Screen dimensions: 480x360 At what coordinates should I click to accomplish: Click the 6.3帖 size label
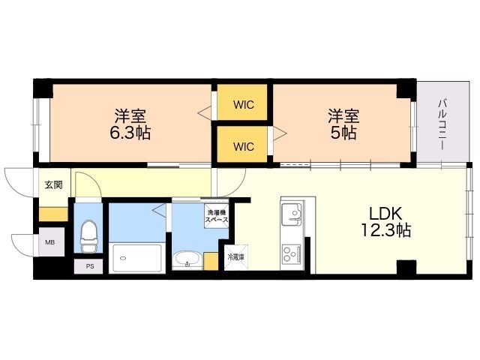(130, 133)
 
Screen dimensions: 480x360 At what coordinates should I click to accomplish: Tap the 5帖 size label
(343, 133)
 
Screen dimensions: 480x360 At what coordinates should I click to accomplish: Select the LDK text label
(385, 214)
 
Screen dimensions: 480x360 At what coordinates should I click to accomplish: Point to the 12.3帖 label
(385, 230)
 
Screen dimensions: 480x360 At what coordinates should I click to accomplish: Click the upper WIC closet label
(243, 105)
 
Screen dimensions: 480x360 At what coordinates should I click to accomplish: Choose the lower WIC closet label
(243, 147)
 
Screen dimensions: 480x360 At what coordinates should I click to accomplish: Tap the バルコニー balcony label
(442, 124)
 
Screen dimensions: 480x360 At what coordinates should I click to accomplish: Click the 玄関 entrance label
(53, 185)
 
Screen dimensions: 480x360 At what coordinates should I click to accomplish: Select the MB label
(50, 242)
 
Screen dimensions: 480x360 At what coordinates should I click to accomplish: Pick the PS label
(90, 266)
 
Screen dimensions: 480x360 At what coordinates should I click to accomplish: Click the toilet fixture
(88, 235)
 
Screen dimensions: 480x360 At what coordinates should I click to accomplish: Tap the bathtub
(136, 258)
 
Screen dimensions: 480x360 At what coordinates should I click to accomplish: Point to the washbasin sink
(187, 260)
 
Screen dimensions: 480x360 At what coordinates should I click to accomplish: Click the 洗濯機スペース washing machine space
(217, 216)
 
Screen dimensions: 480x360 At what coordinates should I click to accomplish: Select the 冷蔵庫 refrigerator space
(235, 257)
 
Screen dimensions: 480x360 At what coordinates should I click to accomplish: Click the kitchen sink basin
(292, 213)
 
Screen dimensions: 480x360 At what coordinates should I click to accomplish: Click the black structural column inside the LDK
(406, 267)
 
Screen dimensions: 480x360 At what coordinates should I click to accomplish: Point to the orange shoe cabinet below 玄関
(53, 214)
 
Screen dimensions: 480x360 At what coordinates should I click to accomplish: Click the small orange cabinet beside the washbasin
(211, 262)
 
